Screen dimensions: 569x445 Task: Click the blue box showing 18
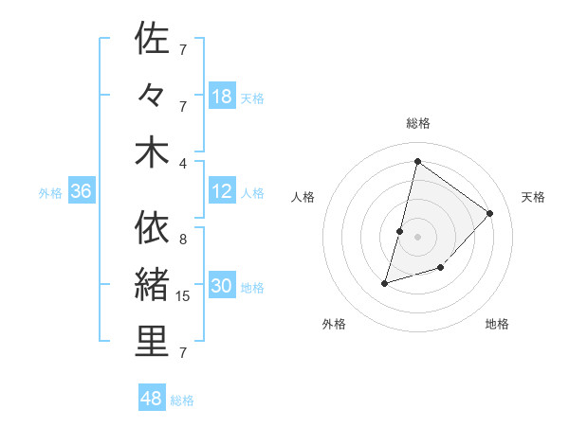tap(222, 97)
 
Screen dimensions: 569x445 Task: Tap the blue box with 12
tap(222, 192)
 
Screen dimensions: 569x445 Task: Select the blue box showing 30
tap(222, 287)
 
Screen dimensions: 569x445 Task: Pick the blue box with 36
tap(82, 192)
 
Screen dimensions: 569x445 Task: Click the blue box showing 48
tap(152, 399)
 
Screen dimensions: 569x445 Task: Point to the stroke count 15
tap(184, 296)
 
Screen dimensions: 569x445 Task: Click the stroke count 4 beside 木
tap(184, 162)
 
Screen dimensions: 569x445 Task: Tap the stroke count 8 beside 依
tap(184, 240)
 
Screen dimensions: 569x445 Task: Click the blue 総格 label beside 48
tap(182, 400)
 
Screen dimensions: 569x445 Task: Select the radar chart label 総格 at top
tap(418, 123)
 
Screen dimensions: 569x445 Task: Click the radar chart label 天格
tap(534, 197)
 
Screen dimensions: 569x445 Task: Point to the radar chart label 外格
tap(334, 324)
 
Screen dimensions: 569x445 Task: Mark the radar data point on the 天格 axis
tap(490, 213)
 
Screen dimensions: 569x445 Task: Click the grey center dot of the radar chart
tap(418, 236)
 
